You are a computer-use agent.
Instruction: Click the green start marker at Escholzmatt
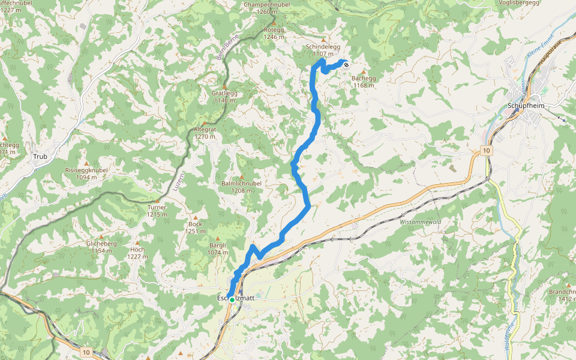pos(232,299)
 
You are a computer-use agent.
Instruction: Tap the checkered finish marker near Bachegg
pos(346,64)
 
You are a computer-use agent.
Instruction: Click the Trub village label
pos(40,157)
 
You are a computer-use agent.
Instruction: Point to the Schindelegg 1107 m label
pos(323,49)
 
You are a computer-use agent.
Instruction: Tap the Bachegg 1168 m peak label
pos(364,81)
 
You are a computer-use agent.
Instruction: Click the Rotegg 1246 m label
pos(274,32)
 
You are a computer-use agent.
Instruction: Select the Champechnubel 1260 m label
pos(268,7)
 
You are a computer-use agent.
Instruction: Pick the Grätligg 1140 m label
pos(223,97)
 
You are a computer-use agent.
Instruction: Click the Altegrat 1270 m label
pos(205,132)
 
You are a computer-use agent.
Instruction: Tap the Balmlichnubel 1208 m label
pos(241,186)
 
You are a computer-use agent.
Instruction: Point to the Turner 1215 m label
pos(157,211)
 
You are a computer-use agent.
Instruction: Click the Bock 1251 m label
pos(195,227)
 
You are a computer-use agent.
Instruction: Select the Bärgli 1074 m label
pos(217,248)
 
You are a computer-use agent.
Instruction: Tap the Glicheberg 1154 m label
pos(101,247)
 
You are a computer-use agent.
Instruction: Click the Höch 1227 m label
pos(137,253)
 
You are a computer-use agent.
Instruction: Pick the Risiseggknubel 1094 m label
pos(86,173)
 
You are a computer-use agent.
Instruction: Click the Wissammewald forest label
pos(420,222)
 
